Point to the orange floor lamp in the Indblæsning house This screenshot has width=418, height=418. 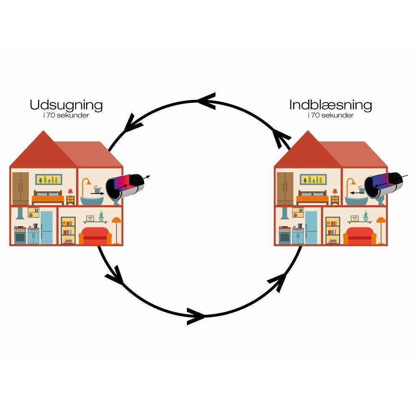tap(380, 228)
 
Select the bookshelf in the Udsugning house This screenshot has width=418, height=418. tap(68, 230)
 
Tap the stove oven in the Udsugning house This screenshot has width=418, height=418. tap(20, 235)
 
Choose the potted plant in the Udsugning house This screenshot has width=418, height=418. tap(101, 216)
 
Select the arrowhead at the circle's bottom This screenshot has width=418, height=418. tap(196, 316)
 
